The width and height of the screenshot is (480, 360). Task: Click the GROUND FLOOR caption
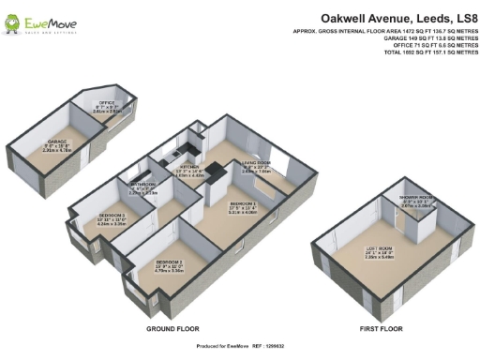pos(172,330)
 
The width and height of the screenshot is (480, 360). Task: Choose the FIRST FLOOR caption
pos(382,330)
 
